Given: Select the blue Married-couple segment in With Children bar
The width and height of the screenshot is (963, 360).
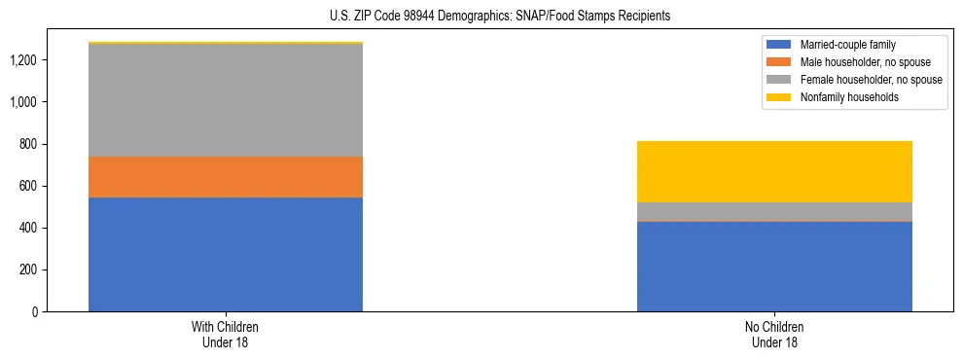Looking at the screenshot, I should click(x=226, y=254).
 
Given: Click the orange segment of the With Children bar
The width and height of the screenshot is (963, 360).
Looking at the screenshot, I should click(x=226, y=177).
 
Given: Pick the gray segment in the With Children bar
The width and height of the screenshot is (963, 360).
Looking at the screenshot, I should click(x=226, y=100).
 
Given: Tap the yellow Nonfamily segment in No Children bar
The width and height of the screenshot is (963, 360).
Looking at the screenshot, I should click(x=774, y=171).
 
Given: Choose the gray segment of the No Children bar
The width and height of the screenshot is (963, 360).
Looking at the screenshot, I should click(x=774, y=211).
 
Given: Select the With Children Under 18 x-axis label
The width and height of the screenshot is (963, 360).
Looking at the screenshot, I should click(x=226, y=334).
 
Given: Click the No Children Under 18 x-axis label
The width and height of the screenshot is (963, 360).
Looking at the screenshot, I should click(x=774, y=334).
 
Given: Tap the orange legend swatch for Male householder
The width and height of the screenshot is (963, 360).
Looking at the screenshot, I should click(x=779, y=62).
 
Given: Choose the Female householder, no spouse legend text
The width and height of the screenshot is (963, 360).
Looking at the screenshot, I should click(x=871, y=80).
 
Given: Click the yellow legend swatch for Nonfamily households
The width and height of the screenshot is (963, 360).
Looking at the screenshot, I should click(x=779, y=97).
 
